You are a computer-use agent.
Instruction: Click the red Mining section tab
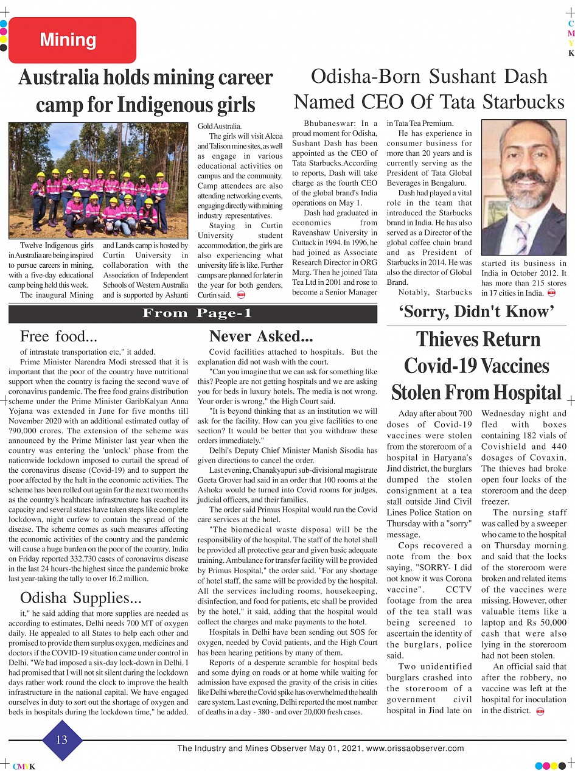tap(72, 40)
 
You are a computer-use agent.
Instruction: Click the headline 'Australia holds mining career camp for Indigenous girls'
tap(145, 91)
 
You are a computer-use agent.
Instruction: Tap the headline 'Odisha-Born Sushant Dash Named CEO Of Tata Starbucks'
tap(429, 88)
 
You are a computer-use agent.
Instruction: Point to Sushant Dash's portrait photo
tap(523, 187)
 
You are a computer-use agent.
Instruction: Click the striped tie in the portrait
tap(522, 237)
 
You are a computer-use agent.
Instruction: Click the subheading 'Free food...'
tap(59, 337)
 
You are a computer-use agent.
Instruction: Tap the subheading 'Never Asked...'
tap(261, 337)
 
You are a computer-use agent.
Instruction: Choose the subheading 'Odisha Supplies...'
tap(82, 598)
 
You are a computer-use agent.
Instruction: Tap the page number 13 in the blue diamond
tap(61, 739)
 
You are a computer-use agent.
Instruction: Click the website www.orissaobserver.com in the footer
tap(415, 748)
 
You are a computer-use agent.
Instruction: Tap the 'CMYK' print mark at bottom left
tap(24, 767)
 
